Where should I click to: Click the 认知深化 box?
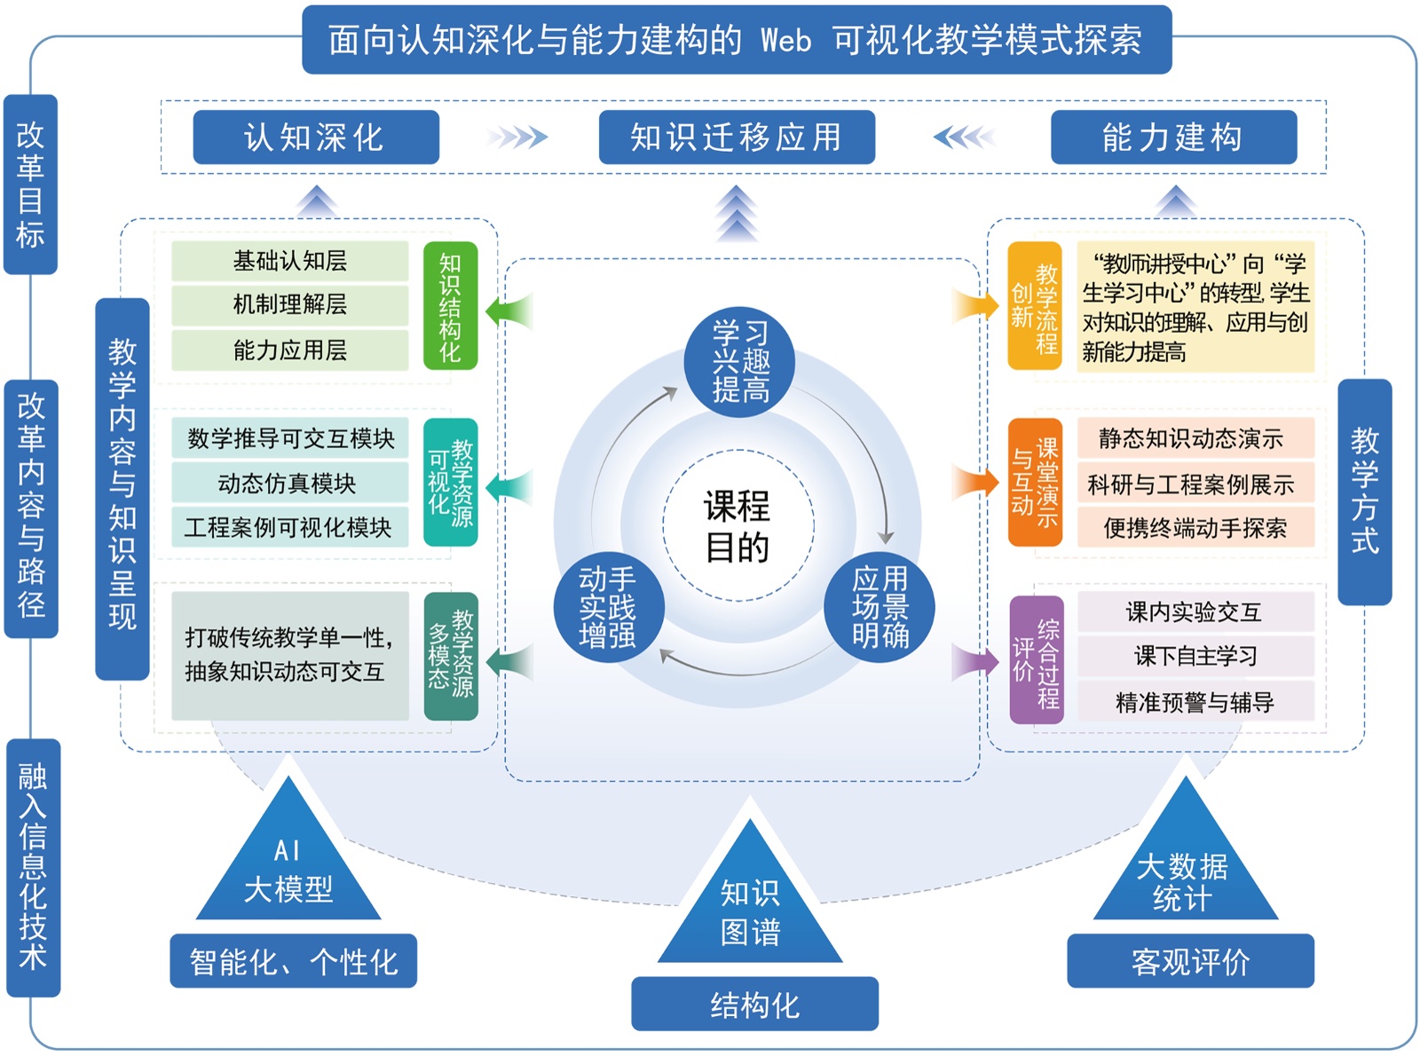[x=316, y=138]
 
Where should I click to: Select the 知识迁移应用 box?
[x=737, y=138]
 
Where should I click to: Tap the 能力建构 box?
[x=1173, y=138]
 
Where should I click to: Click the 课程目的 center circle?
[x=738, y=526]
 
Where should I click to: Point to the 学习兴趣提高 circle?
[x=739, y=362]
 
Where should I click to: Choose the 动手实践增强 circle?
[x=608, y=609]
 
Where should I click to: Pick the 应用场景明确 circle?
[x=880, y=609]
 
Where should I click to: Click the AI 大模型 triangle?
[x=288, y=871]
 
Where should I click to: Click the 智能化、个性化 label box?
[x=293, y=961]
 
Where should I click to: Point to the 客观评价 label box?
[x=1190, y=961]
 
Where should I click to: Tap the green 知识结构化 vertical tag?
[x=451, y=306]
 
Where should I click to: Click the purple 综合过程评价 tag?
[x=1037, y=659]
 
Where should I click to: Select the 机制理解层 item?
[x=289, y=305]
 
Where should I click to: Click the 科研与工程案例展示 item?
[x=1195, y=485]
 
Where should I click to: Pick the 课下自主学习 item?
[x=1195, y=657]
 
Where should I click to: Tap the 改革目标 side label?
[x=30, y=185]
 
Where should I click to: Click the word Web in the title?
[x=785, y=41]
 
